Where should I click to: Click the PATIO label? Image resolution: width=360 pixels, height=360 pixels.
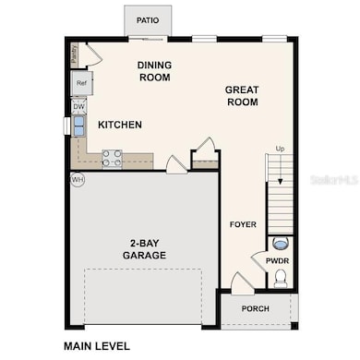(148, 19)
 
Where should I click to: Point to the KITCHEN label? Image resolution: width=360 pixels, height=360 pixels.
(119, 125)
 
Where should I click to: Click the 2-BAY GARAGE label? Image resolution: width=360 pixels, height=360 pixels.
(147, 251)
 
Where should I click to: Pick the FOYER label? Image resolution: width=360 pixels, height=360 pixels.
(244, 224)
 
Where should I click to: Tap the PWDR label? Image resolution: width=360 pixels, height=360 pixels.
(278, 261)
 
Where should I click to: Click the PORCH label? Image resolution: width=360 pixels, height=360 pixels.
(256, 308)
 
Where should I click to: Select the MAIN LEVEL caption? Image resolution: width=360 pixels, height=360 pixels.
(96, 347)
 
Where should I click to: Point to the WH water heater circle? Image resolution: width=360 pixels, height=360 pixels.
(77, 179)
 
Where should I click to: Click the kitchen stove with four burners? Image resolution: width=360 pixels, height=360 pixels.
(112, 159)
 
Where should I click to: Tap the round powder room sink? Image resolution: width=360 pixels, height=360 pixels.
(281, 244)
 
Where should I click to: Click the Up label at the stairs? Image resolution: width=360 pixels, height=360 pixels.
(279, 149)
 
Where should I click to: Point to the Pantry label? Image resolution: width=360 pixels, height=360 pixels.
(74, 54)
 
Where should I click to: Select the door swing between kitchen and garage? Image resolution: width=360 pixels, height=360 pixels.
(175, 163)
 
